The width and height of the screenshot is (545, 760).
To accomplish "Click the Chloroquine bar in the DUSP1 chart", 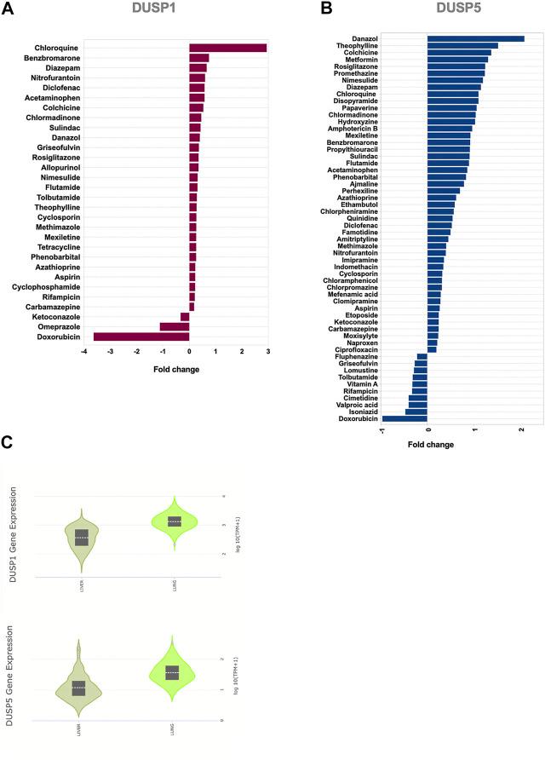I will (x=227, y=48).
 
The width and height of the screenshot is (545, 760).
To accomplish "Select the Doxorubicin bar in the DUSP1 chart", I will (x=141, y=337).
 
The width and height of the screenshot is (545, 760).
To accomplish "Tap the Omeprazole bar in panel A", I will (x=175, y=326).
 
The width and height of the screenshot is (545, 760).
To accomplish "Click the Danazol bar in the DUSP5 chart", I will (x=475, y=38).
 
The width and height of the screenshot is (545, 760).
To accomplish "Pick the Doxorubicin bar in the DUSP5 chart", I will (x=404, y=418).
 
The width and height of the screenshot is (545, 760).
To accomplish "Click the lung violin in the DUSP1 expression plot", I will (x=174, y=521).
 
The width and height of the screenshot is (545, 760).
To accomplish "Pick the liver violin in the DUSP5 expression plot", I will (x=78, y=687).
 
